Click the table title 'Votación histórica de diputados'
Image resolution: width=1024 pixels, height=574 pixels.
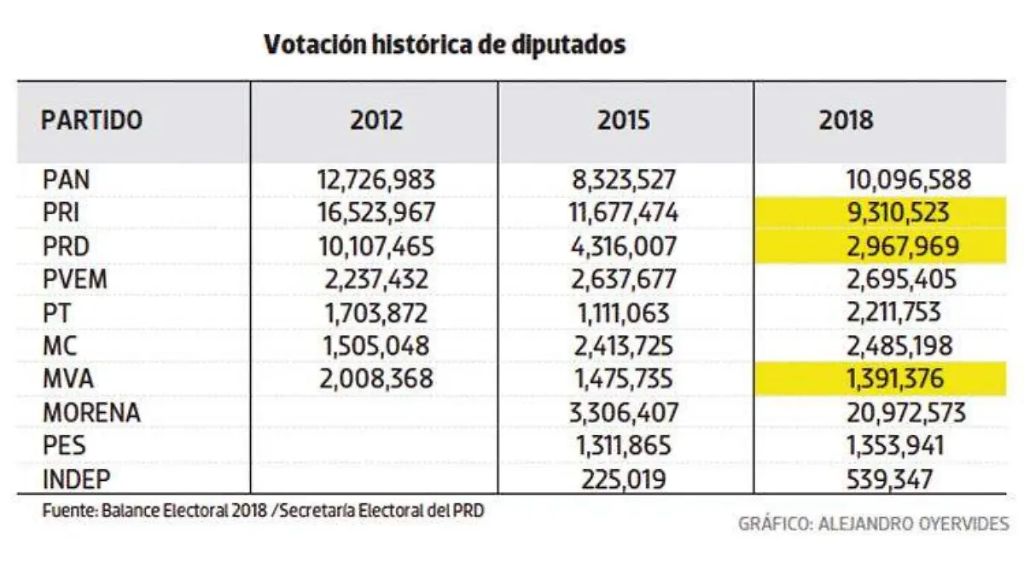(445, 44)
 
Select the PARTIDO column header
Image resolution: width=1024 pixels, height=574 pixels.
(91, 120)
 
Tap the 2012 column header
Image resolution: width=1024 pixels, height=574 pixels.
(375, 120)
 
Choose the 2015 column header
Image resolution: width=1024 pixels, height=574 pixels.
(624, 120)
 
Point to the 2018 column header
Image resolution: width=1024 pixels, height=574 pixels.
(846, 120)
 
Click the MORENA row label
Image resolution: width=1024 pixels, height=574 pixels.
(91, 414)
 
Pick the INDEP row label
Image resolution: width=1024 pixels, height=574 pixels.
(77, 480)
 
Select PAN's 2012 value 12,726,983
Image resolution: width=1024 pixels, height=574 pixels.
(375, 181)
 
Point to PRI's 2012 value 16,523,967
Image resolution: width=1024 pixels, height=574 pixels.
(375, 214)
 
